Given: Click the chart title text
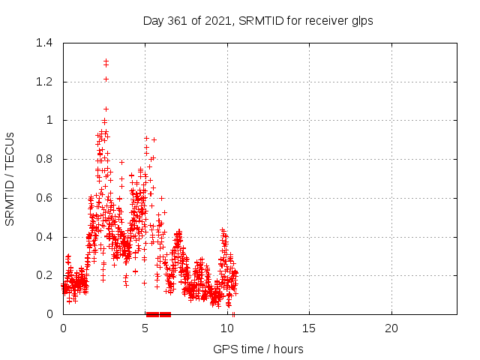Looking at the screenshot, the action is click(x=258, y=21).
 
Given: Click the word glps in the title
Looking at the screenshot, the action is click(x=362, y=22).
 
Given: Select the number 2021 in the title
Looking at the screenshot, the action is click(x=217, y=21).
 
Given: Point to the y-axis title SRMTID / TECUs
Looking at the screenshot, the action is click(x=10, y=179).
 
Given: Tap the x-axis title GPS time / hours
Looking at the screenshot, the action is click(x=258, y=349).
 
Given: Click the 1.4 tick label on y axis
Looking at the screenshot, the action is click(x=44, y=43).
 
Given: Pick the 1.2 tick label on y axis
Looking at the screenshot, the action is click(x=44, y=82).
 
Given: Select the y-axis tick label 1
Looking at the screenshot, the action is click(x=49, y=120).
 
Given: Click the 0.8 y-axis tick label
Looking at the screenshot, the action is click(x=44, y=159).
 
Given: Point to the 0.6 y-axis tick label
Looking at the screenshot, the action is click(x=44, y=198).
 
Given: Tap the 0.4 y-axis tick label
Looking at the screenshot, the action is click(x=44, y=237).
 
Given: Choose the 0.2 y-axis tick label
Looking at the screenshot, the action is click(x=44, y=275).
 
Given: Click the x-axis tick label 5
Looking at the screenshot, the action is click(x=145, y=328).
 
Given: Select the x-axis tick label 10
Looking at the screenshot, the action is click(x=227, y=328).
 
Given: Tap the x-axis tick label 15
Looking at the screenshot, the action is click(x=309, y=328).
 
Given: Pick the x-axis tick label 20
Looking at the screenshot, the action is click(x=391, y=328).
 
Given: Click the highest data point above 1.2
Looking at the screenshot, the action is click(x=106, y=61).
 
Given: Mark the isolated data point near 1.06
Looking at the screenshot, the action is click(x=106, y=109).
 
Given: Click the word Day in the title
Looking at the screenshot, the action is click(x=154, y=22).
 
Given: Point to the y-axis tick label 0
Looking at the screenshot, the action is click(x=49, y=314).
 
